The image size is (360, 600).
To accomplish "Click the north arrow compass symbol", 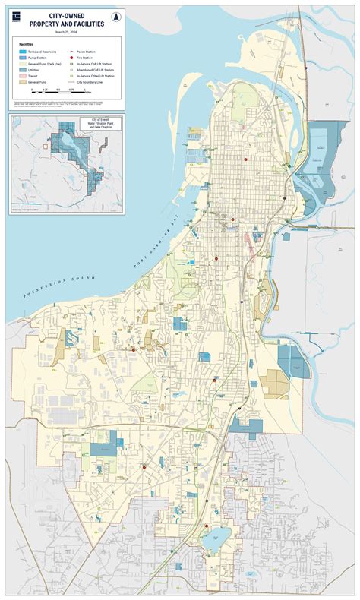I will tap(114, 17).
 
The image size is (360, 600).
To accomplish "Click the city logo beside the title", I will tap(17, 19).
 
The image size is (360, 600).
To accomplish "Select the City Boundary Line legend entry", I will tap(92, 84).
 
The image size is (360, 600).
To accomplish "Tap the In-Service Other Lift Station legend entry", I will tap(96, 77).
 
